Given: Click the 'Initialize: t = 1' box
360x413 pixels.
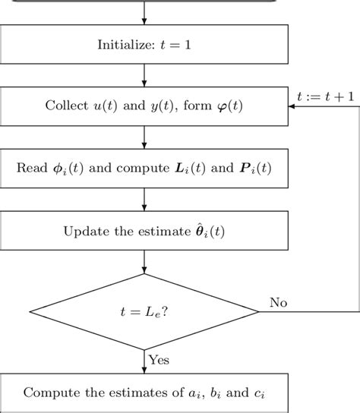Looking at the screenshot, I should coord(144,45).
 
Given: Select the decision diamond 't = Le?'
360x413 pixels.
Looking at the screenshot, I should coord(144,311).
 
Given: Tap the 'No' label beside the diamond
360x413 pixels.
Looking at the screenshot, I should coord(279,302).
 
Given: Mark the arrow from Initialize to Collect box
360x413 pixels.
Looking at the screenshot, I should coord(144,75).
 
